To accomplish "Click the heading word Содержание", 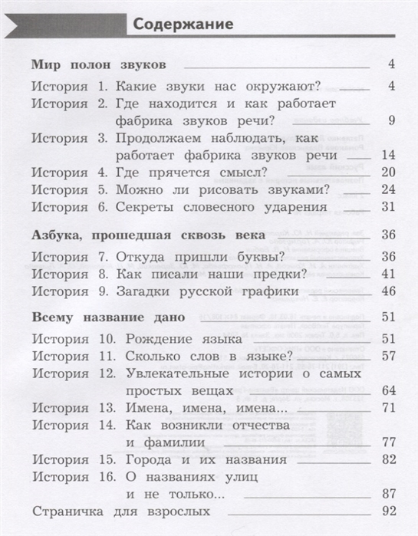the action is [x=183, y=24].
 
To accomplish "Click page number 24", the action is [x=387, y=189].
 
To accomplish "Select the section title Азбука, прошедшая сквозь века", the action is [x=148, y=234].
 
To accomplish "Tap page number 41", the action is [x=387, y=273].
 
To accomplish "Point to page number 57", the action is [x=387, y=355].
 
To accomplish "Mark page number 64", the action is [x=387, y=390].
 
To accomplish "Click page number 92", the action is [x=387, y=511].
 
